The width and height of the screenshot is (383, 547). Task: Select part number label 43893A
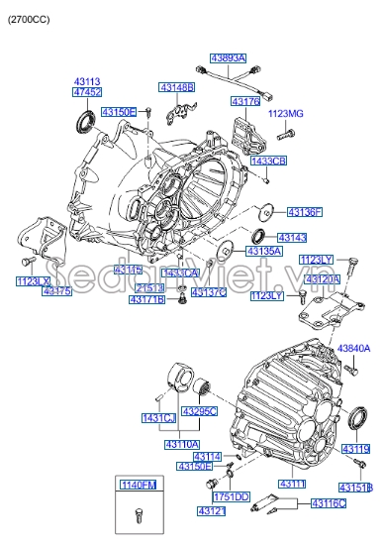tap(227, 58)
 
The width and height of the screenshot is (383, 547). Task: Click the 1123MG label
tap(286, 114)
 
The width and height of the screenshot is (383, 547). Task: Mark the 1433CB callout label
tap(268, 161)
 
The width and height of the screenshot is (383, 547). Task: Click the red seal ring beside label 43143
tap(259, 236)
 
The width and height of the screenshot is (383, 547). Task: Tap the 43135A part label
tap(265, 252)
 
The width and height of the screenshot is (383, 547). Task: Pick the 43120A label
tap(323, 280)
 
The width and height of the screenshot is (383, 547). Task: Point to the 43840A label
tap(353, 348)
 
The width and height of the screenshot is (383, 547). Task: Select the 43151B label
tap(355, 488)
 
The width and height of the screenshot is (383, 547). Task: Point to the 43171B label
tap(146, 299)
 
